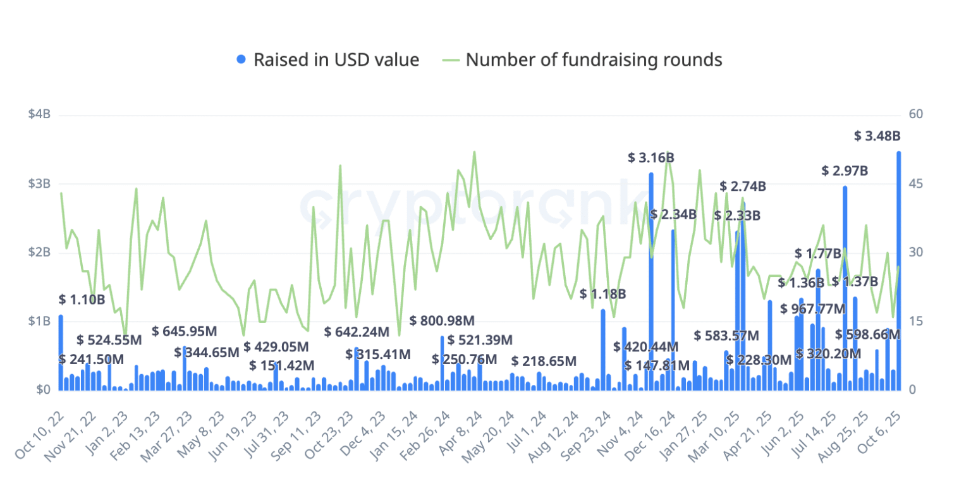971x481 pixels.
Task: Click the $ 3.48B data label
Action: coord(877,136)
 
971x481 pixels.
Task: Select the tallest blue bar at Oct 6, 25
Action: coord(898,272)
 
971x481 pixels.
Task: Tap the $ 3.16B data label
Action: coord(651,158)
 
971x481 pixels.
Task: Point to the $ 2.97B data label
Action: coord(845,171)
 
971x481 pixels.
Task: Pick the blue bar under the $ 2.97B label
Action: coord(845,291)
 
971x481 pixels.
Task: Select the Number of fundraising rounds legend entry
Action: coord(594,60)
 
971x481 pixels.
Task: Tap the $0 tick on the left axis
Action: coord(43,390)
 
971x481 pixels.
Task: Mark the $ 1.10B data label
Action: coord(82,300)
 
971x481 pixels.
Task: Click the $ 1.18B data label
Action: coord(603,294)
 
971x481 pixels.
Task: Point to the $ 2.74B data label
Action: coord(743,186)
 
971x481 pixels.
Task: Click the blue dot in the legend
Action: coord(241,60)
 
